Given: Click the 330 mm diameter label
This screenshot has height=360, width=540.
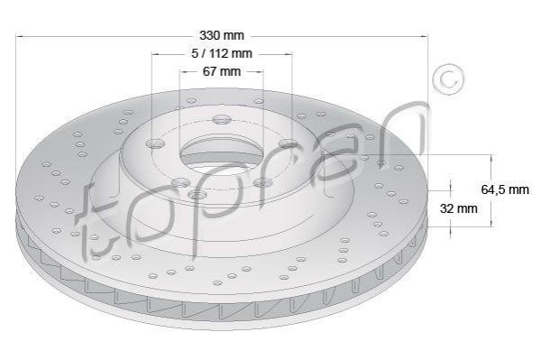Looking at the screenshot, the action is [222, 35].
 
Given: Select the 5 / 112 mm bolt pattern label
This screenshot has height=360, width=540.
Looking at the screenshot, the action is [222, 53].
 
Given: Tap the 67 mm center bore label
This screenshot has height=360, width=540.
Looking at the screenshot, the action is [222, 71].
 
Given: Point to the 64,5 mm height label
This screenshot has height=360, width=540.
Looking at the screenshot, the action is [505, 189].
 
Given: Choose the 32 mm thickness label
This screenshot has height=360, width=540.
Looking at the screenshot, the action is [459, 208].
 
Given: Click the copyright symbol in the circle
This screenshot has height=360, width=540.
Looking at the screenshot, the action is [448, 79].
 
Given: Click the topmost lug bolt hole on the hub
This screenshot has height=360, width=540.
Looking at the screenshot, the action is [222, 120].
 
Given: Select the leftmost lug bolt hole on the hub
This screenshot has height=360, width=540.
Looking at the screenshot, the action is [156, 143].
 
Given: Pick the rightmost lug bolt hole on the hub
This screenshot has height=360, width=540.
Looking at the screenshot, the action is [288, 143].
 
